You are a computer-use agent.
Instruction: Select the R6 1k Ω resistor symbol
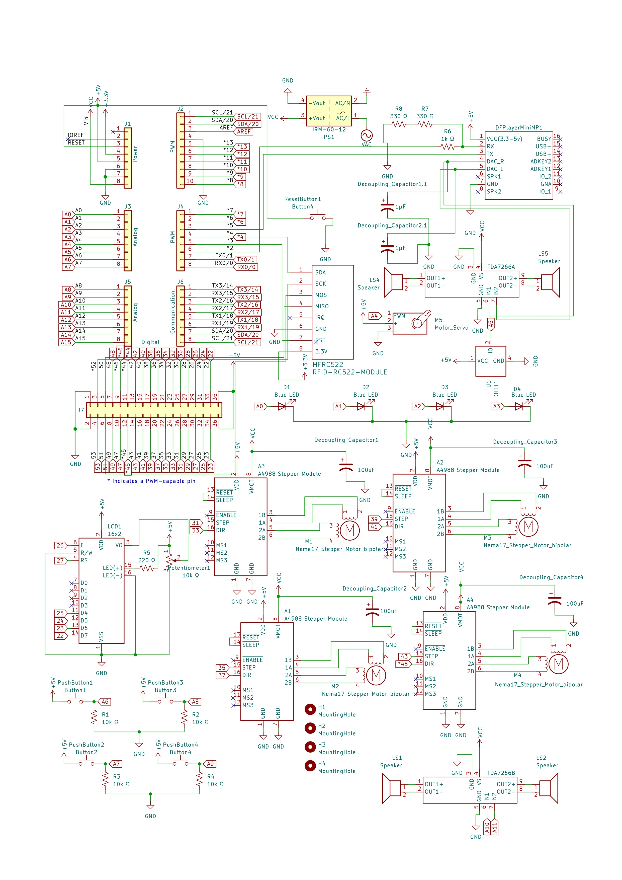point(447,147)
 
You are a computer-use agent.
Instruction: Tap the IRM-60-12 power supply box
point(329,111)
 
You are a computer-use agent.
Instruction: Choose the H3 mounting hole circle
point(310,747)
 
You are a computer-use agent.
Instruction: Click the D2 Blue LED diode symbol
point(361,406)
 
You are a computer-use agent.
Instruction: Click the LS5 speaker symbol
point(550,282)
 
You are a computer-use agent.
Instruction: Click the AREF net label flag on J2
point(244,131)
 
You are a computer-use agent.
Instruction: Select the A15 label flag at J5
point(67,342)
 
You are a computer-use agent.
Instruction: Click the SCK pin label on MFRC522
point(321,284)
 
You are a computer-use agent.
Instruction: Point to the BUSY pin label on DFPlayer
point(544,139)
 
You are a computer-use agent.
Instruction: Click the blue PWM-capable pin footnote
point(151,481)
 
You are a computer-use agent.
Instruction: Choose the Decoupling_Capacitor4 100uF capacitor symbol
point(555,601)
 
